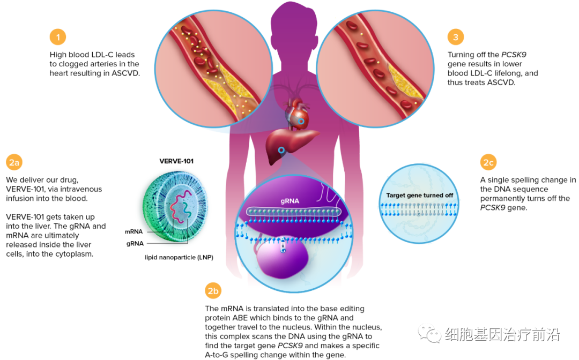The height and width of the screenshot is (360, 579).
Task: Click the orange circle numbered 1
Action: click(58, 37)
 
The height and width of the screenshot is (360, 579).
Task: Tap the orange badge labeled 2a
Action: click(14, 162)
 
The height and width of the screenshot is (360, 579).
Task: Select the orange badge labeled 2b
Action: click(213, 291)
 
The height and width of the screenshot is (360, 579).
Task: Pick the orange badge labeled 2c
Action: click(488, 162)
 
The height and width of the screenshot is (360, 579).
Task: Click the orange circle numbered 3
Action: click(456, 37)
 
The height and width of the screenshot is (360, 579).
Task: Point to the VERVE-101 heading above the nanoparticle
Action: click(176, 161)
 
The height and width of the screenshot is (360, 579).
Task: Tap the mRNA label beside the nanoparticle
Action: click(133, 232)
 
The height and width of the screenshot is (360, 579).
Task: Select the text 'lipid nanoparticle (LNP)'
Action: click(179, 257)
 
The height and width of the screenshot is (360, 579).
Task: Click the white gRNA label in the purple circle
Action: click(289, 201)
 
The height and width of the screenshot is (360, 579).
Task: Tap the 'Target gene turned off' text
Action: click(419, 196)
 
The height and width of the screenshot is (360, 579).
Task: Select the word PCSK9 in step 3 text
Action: click(514, 55)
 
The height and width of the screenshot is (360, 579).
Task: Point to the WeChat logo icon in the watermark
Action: click(429, 335)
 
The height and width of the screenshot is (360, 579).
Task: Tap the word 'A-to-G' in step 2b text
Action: click(218, 355)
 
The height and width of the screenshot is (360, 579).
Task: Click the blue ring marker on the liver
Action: click(281, 150)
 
